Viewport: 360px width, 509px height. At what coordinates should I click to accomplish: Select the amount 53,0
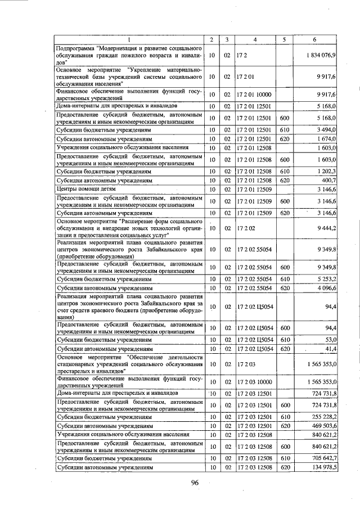[330, 339]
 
